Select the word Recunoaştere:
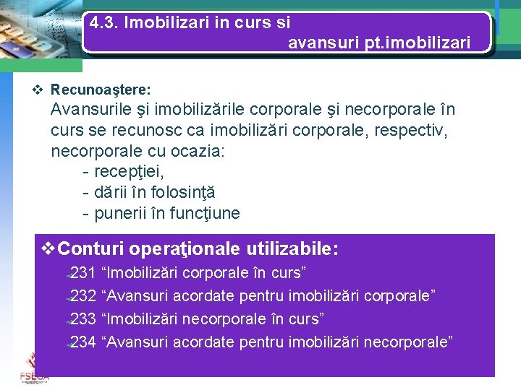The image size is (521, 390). tap(101, 90)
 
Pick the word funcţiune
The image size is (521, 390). tap(204, 214)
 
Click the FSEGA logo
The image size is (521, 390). tap(34, 369)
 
